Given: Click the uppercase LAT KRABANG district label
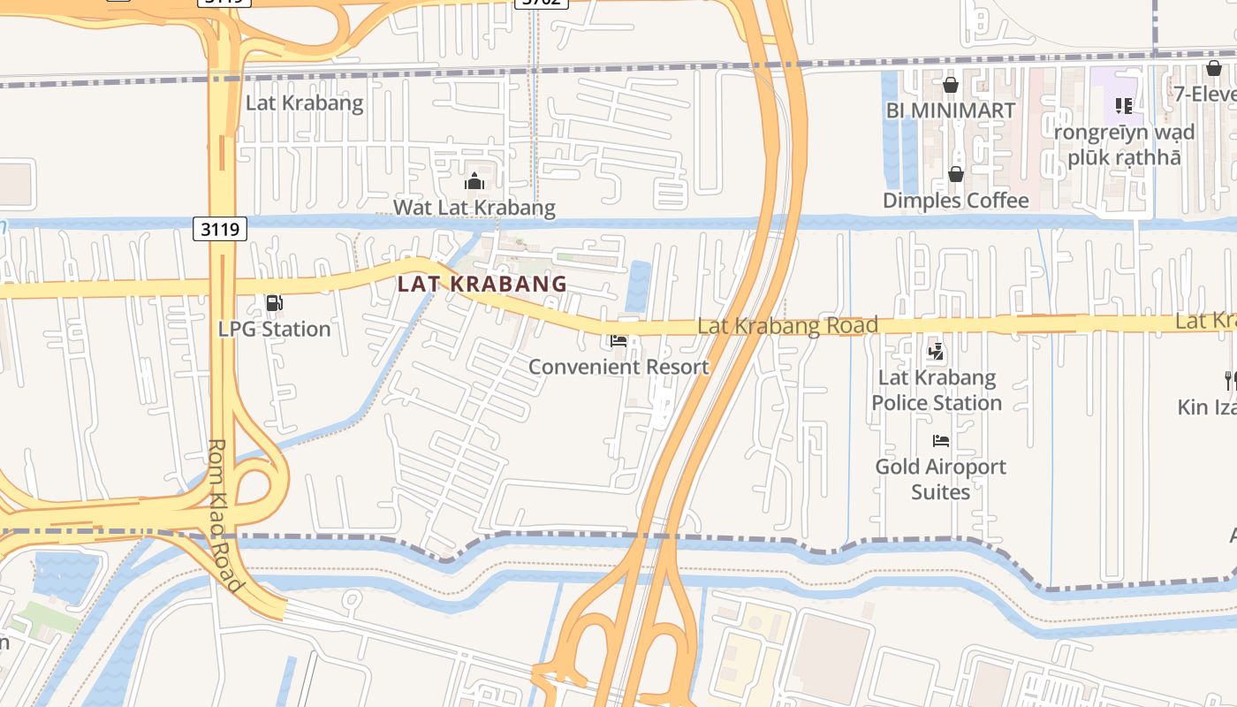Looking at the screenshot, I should coord(482,284).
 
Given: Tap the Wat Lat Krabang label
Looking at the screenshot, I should coord(474,208).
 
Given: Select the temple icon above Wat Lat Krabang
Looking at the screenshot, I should coord(474,182).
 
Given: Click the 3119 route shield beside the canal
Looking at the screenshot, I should coord(219,230).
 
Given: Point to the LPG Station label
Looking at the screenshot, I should coord(275,329).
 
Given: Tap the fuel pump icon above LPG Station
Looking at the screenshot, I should coord(275,303).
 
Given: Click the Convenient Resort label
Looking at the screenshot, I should coord(618,366).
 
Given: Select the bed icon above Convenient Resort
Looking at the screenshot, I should coord(618,340).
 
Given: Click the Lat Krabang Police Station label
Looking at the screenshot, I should coord(937,390).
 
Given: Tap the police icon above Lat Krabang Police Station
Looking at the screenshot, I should coord(937,353).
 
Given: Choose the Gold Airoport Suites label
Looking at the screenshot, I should coord(941,478).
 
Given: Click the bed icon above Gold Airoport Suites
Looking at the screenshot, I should coord(941,440).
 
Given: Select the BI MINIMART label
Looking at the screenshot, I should coord(951,110).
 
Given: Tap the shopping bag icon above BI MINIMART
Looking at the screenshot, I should coord(951,85).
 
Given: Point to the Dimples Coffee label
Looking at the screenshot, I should coord(956,200).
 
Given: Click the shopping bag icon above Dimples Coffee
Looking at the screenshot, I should coord(956,174).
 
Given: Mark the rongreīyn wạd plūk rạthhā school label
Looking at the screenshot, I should coord(1124,145).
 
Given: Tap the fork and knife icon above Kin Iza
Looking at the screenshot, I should coord(1230,381).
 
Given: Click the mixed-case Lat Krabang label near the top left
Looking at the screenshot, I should coord(304,103).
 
